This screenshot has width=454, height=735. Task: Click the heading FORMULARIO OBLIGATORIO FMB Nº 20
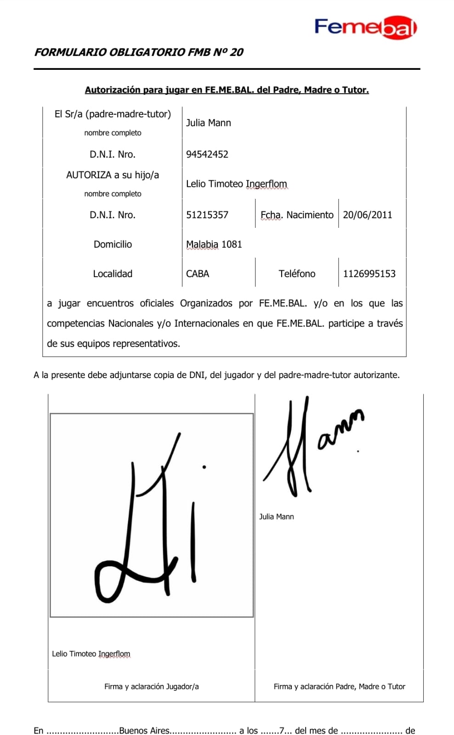pos(139,52)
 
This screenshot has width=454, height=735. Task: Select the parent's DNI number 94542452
pos(207,154)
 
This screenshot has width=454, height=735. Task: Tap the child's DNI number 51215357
pos(207,215)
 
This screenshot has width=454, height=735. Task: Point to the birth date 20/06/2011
pos(368,215)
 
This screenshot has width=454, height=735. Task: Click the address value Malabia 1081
pos(214,244)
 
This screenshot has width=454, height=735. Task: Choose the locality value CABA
pos(198,274)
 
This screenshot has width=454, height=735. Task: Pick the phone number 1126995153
pos(369,274)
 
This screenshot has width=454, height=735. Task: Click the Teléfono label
pos(297,274)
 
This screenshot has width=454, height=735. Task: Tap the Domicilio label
pos(113,244)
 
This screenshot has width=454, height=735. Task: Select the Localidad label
pos(113,274)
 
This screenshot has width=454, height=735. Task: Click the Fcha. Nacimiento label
pos(297,215)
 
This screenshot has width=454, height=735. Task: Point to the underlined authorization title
pos(227,90)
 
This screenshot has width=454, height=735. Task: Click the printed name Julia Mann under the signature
pos(277,517)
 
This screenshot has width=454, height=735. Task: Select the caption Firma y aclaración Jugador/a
pos(152,687)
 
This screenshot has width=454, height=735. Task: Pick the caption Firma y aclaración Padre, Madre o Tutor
pos(340,687)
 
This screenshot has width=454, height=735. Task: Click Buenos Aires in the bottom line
pos(144,730)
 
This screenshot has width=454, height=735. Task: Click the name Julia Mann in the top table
pos(209,123)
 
